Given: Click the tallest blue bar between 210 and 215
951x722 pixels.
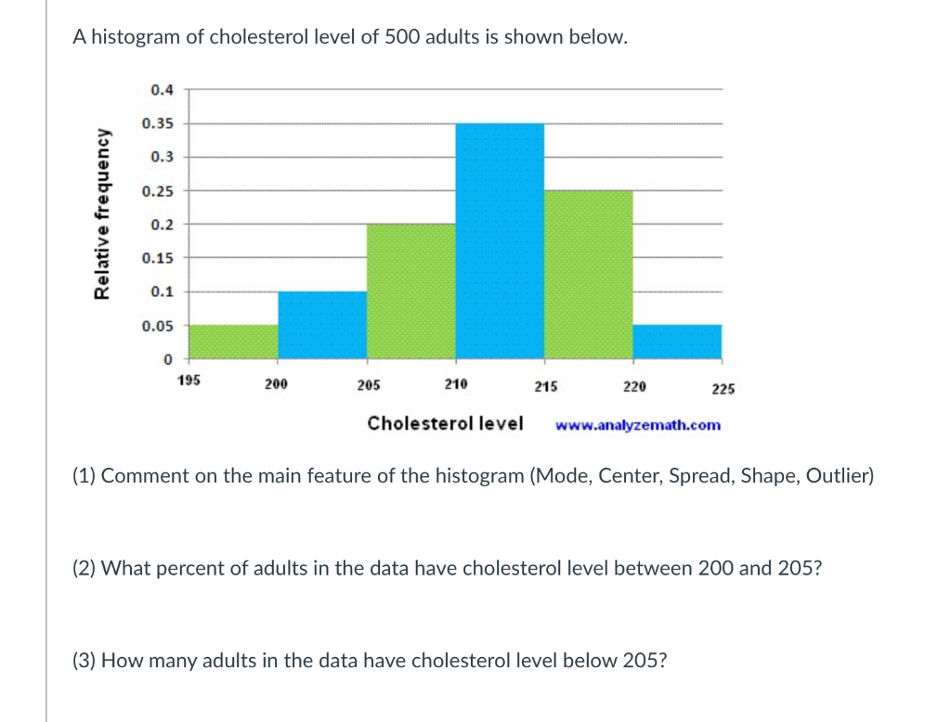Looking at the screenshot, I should click(500, 241).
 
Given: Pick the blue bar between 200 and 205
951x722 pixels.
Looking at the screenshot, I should click(322, 325).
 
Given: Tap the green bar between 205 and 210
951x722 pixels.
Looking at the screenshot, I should click(410, 291).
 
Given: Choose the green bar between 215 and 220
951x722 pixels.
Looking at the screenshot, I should click(588, 275).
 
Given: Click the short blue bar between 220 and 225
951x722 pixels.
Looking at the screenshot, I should click(677, 342).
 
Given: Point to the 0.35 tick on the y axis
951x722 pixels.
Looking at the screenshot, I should click(157, 123).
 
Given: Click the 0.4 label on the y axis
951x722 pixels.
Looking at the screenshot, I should click(161, 90).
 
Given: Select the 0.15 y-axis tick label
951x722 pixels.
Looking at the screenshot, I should click(157, 258).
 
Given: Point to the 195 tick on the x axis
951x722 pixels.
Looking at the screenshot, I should click(188, 380).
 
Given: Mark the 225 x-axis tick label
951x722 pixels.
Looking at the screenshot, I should click(723, 389).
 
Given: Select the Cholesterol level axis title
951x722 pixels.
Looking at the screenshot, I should click(445, 423).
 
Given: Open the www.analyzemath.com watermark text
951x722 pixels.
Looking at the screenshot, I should click(637, 425).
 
